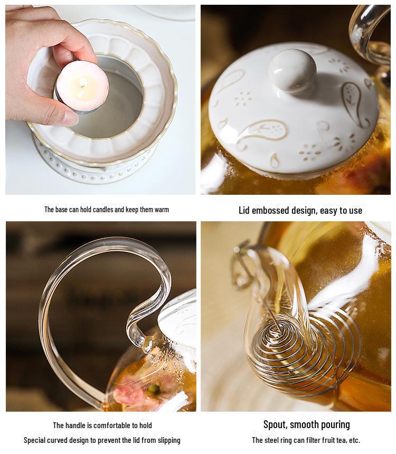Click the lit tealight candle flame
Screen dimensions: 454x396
pos(82,83)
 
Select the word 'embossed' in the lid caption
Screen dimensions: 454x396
pos(269,210)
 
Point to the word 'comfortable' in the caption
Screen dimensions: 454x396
pos(114,425)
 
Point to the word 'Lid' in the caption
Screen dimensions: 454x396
pos(244,210)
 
